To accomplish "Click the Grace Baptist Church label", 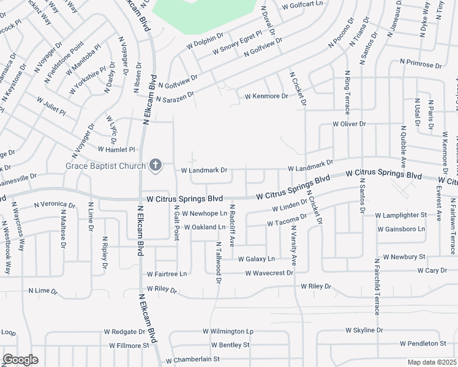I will tap(105, 166).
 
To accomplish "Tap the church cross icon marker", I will tap(156, 165).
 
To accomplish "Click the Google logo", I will tap(20, 360).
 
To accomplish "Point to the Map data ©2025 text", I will tap(432, 362).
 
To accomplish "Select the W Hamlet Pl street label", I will tap(116, 149).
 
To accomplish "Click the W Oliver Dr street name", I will tap(349, 124).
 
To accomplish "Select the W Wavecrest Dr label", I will tap(269, 273).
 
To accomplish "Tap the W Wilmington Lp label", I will tap(228, 331).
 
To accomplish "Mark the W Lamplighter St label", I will tap(400, 215).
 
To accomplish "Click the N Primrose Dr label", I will tap(421, 62).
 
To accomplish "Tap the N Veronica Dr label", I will tap(54, 204).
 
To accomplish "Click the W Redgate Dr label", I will tap(124, 332).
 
